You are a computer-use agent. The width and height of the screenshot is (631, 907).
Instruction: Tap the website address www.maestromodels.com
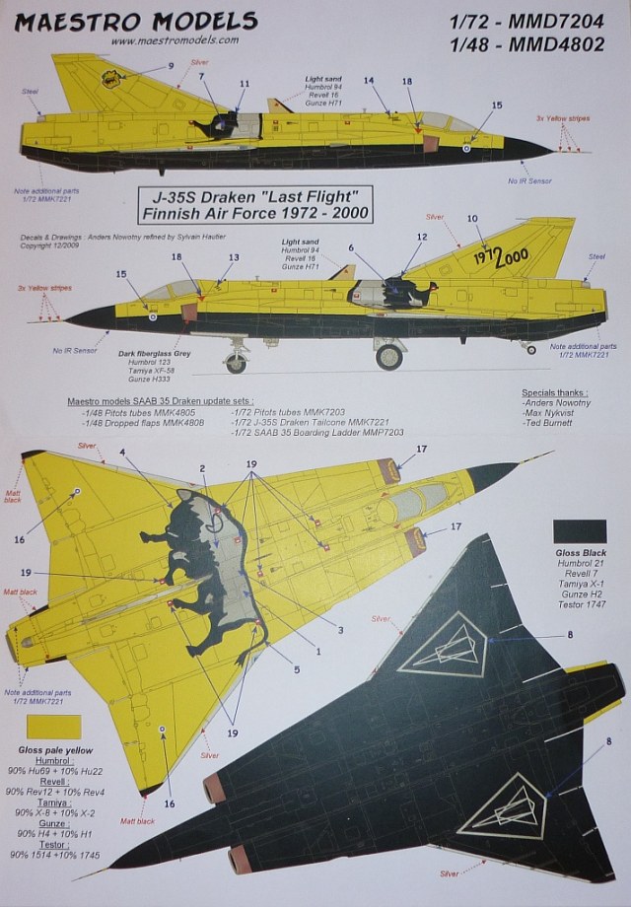tap(175, 40)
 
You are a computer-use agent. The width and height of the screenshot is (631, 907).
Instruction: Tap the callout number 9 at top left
tap(171, 65)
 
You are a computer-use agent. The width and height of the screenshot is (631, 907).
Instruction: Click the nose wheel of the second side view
tap(236, 364)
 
